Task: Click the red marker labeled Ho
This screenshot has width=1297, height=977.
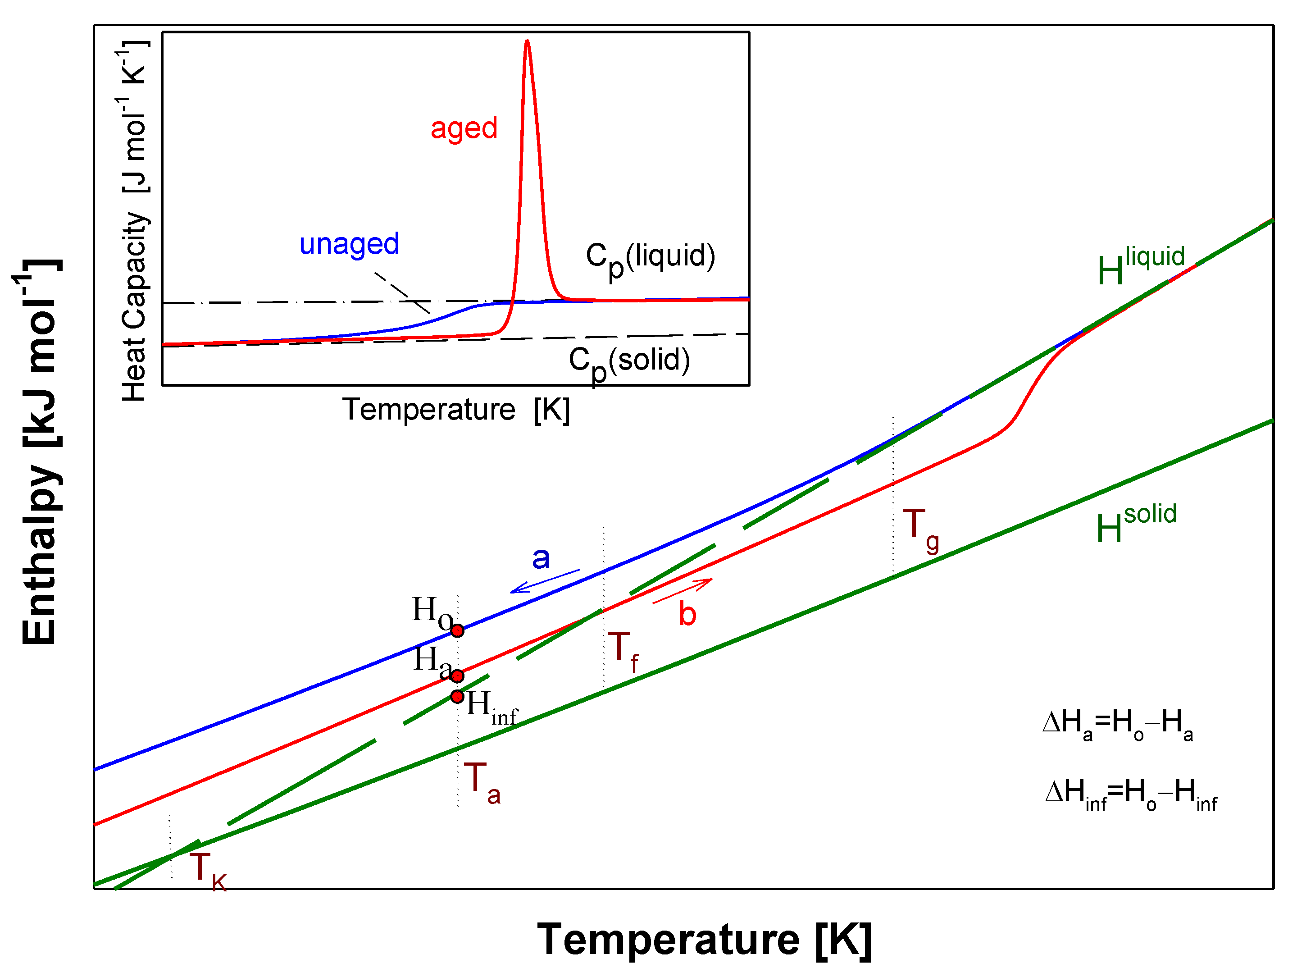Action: tap(457, 630)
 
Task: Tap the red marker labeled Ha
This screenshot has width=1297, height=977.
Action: tap(457, 676)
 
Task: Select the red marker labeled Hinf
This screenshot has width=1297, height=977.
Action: tap(457, 697)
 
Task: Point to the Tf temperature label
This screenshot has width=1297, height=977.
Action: tap(623, 651)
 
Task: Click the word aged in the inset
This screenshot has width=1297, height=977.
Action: tap(464, 128)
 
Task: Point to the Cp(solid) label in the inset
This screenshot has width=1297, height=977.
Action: tap(629, 362)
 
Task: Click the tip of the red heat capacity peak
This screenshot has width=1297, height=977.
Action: tap(527, 41)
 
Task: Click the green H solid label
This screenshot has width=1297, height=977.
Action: tap(1136, 523)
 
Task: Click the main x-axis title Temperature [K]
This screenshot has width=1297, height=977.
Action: tap(704, 940)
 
